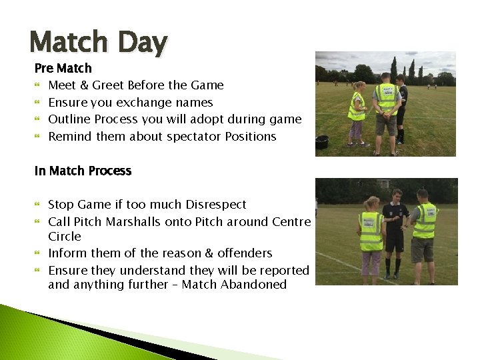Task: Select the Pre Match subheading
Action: point(63,68)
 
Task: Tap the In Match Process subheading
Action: point(83,171)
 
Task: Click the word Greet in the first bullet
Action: point(111,85)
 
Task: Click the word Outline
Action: point(69,119)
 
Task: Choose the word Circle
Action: point(64,237)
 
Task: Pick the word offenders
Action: point(243,253)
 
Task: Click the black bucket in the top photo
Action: point(322,142)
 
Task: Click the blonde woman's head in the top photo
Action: point(360,86)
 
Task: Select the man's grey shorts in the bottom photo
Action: point(421,249)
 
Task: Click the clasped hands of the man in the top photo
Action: point(386,114)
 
